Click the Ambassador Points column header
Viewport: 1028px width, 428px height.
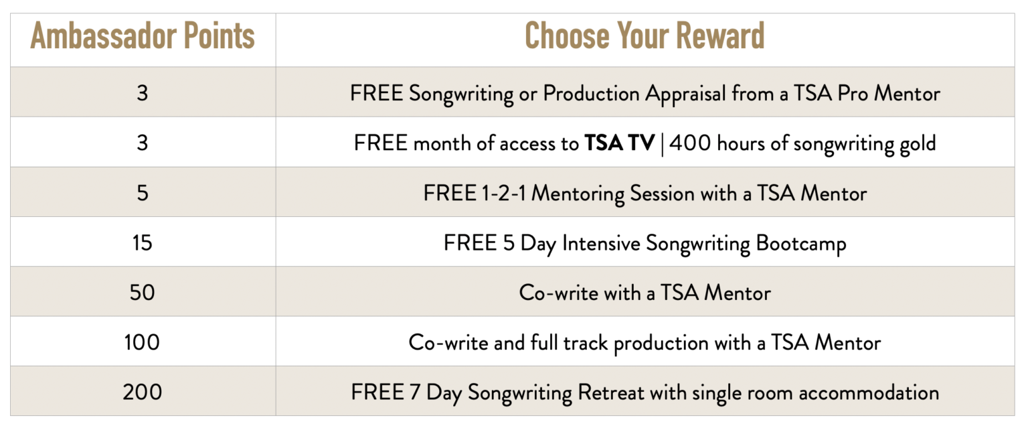143,35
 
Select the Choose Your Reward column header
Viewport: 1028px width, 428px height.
645,35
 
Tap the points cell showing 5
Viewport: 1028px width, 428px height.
143,193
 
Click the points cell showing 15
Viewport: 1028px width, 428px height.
143,243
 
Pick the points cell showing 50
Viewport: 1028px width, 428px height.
143,293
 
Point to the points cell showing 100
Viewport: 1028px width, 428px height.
143,342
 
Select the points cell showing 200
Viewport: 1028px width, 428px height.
143,393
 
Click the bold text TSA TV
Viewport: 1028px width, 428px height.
620,143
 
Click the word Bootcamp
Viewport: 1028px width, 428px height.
801,244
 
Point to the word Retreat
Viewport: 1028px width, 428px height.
611,393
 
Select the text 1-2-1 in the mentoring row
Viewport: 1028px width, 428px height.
503,194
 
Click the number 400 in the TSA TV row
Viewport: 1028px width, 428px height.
690,143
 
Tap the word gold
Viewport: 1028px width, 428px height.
918,144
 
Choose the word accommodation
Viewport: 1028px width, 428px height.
869,393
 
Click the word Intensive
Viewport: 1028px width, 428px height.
601,243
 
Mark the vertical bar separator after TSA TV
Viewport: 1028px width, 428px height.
662,144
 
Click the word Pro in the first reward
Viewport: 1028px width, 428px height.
853,94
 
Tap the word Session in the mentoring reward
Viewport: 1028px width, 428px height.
662,194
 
